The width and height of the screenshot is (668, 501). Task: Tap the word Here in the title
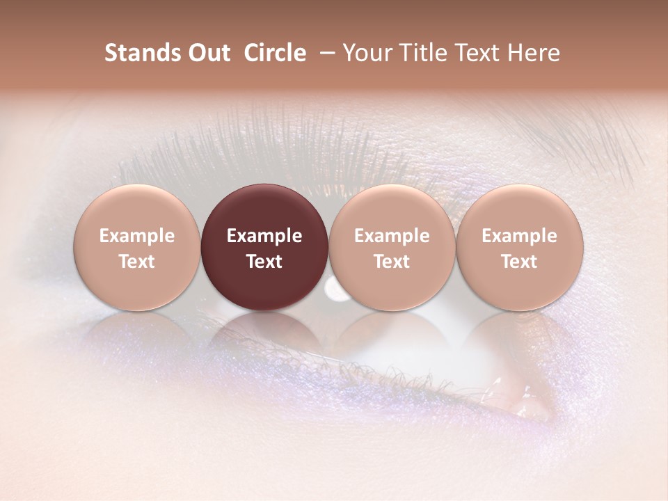534,53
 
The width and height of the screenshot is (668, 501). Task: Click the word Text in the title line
480,53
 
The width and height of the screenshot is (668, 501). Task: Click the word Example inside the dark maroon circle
264,236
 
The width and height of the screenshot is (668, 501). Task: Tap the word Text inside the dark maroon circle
264,262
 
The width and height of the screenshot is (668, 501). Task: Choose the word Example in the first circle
136,236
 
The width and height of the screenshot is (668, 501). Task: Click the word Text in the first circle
136,262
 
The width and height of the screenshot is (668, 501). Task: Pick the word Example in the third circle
392,236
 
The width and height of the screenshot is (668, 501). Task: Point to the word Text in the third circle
392,262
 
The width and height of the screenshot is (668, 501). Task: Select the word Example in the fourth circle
519,236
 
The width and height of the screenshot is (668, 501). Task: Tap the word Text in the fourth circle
519,262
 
